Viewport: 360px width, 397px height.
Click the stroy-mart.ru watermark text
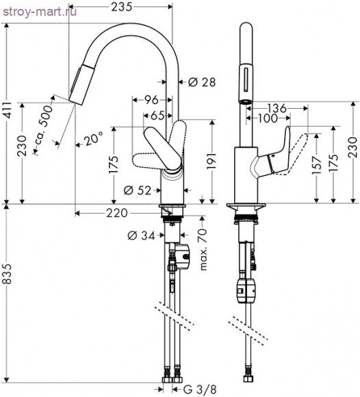39,12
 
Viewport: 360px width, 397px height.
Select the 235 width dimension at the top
122,7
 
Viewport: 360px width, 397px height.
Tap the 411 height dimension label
8,110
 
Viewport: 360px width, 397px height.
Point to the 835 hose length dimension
8,274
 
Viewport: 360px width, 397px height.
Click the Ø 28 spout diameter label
202,81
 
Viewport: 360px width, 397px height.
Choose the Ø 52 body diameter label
138,190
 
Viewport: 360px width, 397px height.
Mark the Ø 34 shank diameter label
141,235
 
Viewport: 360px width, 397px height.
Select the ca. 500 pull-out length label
44,125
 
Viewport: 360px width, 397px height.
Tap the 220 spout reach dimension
117,213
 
